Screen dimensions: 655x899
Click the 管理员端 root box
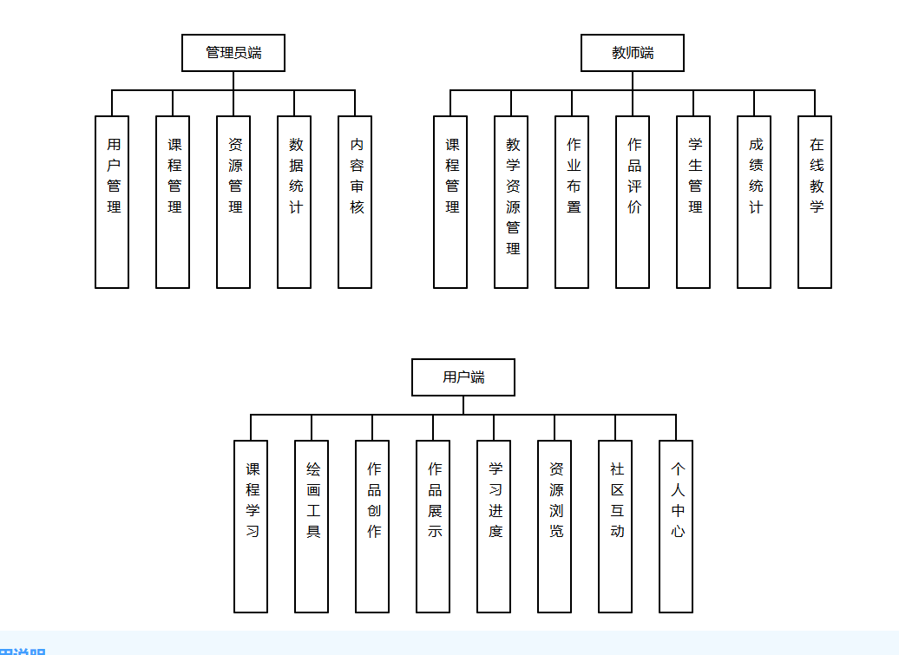pos(233,53)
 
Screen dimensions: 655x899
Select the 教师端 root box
pos(633,53)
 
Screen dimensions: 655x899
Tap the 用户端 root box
pos(463,377)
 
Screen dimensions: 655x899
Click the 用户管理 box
pos(112,201)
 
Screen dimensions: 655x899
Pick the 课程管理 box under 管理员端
pos(173,201)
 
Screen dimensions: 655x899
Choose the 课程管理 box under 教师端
pos(450,201)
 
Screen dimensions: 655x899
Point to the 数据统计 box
pos(294,201)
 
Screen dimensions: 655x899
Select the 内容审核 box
pos(355,201)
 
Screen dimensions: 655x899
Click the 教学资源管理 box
pos(511,201)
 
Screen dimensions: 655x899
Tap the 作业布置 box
pos(572,201)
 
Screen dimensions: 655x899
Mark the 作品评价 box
pos(633,201)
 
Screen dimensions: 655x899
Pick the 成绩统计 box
pos(754,201)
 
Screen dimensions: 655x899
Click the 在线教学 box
pos(815,201)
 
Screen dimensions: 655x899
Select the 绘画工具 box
pos(312,526)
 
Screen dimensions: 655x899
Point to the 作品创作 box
pos(372,526)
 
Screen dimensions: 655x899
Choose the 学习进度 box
pos(494,526)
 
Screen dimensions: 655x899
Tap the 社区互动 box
pos(615,526)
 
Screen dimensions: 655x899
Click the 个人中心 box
pos(676,526)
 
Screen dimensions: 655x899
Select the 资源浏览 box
pos(554,526)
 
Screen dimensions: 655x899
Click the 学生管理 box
pos(693,201)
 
